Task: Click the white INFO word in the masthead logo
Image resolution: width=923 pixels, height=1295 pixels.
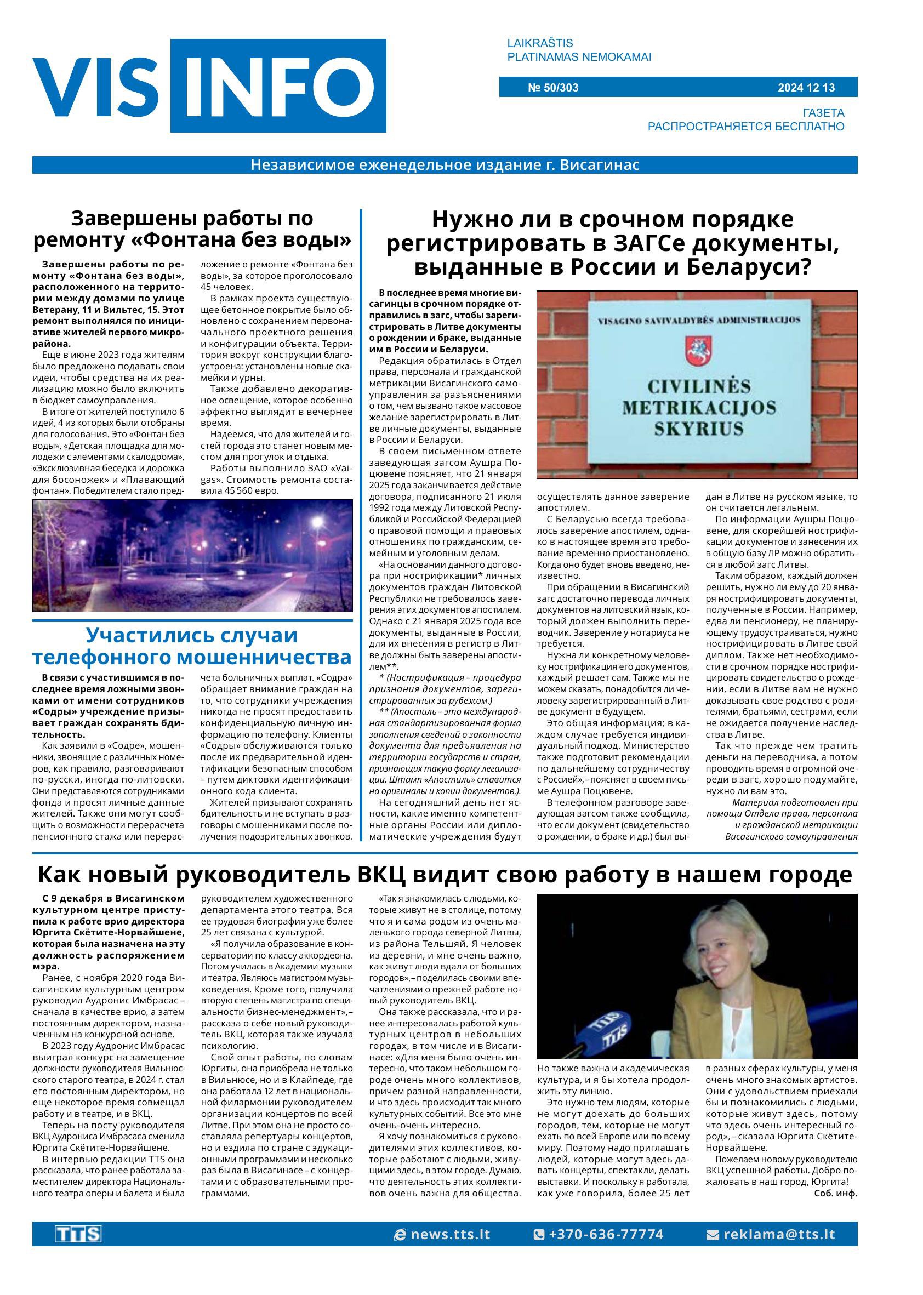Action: pyautogui.click(x=278, y=86)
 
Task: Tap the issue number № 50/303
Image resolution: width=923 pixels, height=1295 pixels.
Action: pyautogui.click(x=553, y=88)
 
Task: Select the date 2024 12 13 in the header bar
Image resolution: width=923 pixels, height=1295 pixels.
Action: pyautogui.click(x=806, y=88)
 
